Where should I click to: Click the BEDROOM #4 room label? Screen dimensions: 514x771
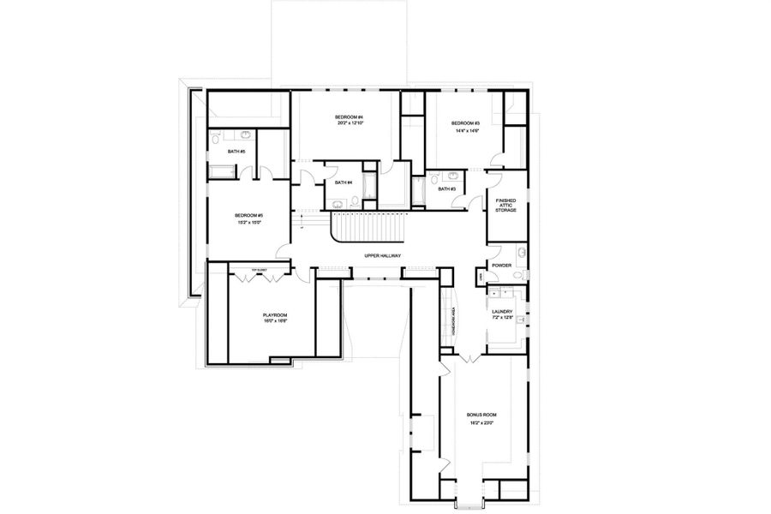(349, 117)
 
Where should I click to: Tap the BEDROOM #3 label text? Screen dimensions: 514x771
(465, 124)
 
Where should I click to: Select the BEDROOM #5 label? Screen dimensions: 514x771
(248, 215)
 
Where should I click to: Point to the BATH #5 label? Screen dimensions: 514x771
(236, 152)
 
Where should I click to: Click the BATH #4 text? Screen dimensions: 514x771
(344, 182)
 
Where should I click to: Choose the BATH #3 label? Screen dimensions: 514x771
(446, 188)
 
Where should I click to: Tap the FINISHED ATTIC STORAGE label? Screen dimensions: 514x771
(505, 205)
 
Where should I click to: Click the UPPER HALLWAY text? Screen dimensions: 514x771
(384, 256)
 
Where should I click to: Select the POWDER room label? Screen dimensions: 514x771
(502, 265)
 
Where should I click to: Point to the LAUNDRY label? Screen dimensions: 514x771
(502, 312)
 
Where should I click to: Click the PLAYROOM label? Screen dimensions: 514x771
(275, 315)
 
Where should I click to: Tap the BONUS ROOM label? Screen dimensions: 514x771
(481, 415)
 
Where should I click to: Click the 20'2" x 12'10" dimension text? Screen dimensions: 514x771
(349, 123)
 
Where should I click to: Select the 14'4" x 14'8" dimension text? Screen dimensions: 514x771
(465, 131)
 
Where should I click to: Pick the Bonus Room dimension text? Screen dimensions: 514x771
(481, 422)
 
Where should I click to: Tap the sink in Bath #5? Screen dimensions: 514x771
(246, 135)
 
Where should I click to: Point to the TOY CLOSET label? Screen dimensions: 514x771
(259, 271)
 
